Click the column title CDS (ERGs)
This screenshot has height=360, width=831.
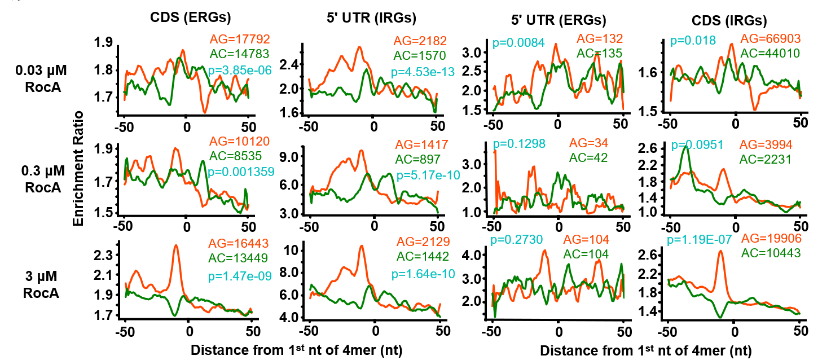click(191, 17)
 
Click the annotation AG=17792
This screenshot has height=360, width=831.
click(240, 39)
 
